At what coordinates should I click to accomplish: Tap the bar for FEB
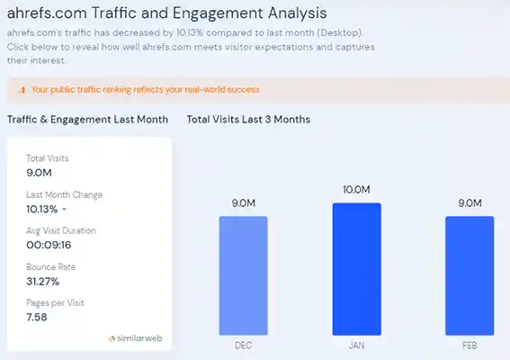coord(470,274)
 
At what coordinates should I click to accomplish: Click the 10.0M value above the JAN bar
coord(356,190)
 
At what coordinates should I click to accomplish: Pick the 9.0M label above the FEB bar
coord(470,202)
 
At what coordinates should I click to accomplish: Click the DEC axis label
coord(243,344)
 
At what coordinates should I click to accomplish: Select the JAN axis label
coord(356,344)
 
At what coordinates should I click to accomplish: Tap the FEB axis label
coord(470,344)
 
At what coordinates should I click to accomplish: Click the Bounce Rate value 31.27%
coord(44,280)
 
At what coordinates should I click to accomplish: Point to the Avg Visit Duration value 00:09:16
coord(49,244)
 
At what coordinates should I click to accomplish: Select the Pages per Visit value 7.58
coord(38,316)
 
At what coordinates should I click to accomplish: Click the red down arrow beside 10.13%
coord(64,210)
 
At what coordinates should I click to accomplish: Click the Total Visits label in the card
coord(47,158)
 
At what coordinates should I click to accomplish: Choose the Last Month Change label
coord(64,194)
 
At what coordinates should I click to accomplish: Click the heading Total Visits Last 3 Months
coord(247,119)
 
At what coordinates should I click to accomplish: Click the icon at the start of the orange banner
coord(21,90)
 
